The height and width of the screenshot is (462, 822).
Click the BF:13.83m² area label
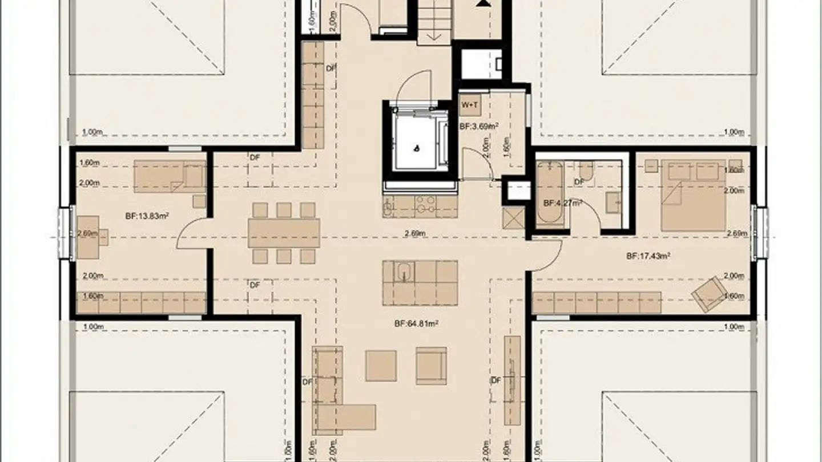(147, 216)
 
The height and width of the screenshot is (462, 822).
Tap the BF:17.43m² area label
(648, 257)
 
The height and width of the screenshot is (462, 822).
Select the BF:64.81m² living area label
(416, 323)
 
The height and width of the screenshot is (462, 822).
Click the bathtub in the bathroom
(550, 194)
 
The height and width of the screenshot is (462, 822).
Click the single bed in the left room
(170, 176)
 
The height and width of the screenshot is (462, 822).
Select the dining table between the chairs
(284, 233)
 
